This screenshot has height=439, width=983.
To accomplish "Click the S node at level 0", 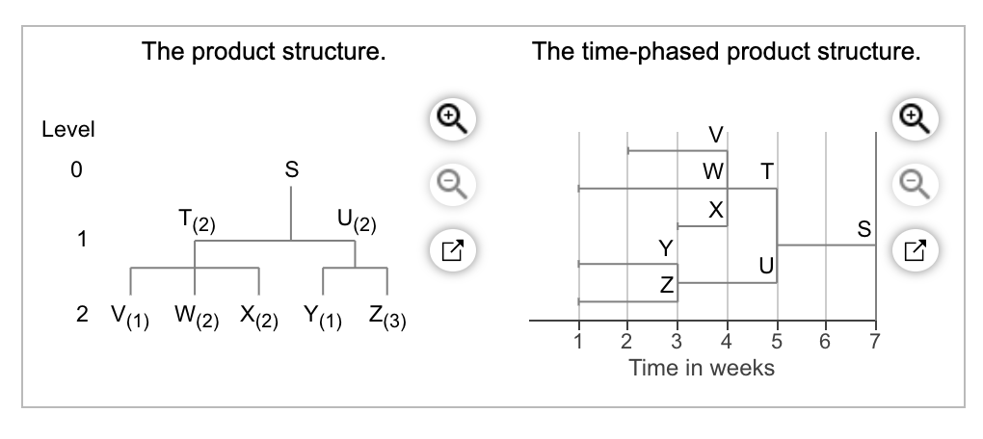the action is click(291, 169).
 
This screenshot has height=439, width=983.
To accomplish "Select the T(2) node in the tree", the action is click(197, 221).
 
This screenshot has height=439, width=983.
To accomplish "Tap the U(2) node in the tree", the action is click(357, 221).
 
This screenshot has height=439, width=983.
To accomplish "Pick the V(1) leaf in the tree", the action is click(130, 317).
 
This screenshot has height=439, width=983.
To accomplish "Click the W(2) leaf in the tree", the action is click(197, 317).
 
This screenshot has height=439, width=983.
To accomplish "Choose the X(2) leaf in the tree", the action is click(259, 317).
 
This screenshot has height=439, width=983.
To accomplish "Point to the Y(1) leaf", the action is click(323, 317).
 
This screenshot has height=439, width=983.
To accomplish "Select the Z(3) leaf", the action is click(387, 317).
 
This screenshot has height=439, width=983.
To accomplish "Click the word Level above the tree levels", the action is click(68, 130).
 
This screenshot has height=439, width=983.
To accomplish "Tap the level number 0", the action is click(76, 169).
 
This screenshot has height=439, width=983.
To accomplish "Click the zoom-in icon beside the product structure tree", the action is click(453, 118).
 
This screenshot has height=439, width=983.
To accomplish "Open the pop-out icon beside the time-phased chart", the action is click(916, 250).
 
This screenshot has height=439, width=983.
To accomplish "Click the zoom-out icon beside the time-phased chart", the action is click(916, 184).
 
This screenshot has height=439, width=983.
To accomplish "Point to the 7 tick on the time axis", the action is click(874, 342).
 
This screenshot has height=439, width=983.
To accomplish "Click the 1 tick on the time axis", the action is click(578, 342).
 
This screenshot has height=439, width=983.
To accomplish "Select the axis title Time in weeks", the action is click(702, 368).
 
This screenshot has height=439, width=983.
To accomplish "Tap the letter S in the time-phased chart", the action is click(863, 229).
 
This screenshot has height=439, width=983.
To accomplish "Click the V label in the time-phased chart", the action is click(716, 135).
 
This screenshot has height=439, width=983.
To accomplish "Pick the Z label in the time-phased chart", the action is click(666, 286).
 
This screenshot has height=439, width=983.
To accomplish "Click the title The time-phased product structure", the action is click(726, 51).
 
